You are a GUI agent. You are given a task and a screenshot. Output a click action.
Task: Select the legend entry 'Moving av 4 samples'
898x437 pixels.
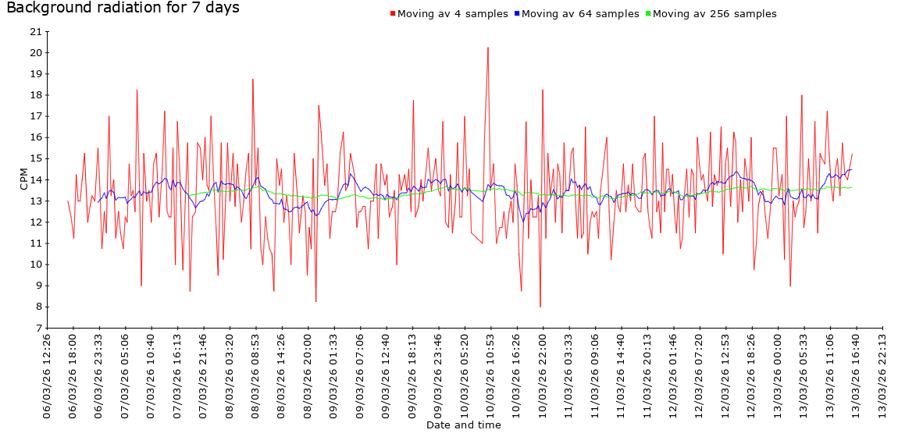[x=452, y=14]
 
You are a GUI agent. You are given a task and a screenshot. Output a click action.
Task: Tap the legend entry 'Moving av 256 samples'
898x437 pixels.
[x=714, y=14]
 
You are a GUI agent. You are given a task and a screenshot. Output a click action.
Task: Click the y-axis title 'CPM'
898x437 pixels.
[x=24, y=179]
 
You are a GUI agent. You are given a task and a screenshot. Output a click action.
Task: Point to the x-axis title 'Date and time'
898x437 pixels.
[x=464, y=425]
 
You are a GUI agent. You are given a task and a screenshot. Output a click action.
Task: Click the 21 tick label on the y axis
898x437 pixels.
[x=35, y=32]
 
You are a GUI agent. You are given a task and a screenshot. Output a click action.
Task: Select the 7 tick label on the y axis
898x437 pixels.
[x=38, y=329]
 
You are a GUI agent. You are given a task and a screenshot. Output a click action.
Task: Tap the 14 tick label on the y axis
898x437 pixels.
[x=35, y=180]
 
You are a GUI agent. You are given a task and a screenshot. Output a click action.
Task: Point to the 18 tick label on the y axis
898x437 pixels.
[x=35, y=95]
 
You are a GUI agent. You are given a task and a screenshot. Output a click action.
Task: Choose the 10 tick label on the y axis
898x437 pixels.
[x=35, y=265]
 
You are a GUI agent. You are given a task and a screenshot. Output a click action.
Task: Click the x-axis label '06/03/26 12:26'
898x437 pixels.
[x=48, y=375]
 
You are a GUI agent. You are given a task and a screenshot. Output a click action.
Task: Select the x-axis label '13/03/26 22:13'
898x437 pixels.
[x=882, y=375]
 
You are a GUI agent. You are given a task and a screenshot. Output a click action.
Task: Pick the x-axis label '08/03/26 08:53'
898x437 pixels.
[x=256, y=375]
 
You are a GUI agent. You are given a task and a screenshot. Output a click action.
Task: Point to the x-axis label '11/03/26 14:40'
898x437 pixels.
[x=622, y=375]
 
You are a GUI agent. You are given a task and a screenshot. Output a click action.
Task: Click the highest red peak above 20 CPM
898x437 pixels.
[x=488, y=48]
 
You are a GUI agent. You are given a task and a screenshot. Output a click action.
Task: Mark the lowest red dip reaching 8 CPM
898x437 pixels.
[x=540, y=307]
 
